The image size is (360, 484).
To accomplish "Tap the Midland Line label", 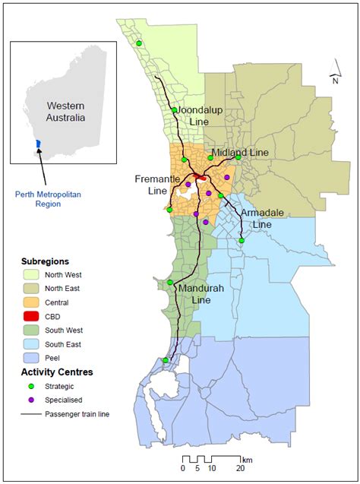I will (240, 153).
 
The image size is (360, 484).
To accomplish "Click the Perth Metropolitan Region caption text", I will (48, 199).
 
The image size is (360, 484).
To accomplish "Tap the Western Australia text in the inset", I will (65, 112).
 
